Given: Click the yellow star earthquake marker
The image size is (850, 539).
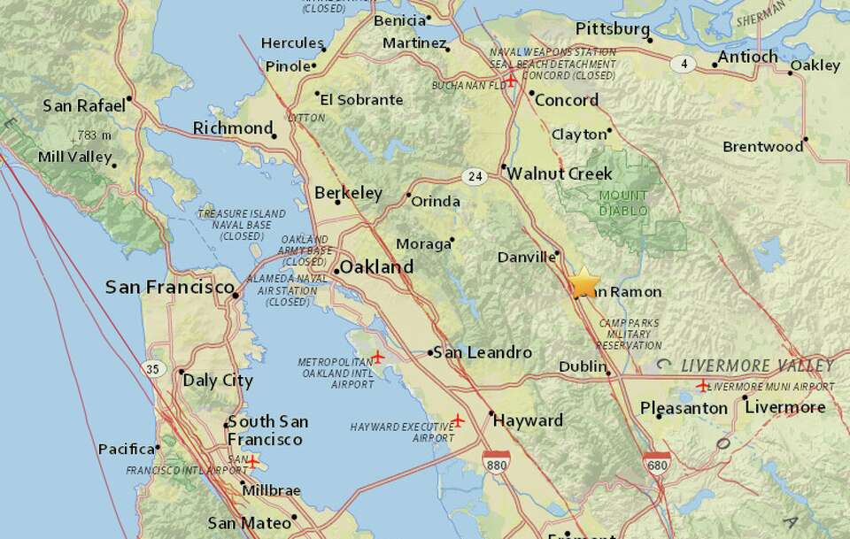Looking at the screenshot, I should [x=584, y=283].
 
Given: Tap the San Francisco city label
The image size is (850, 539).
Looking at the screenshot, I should [x=169, y=287].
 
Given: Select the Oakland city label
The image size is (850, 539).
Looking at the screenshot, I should [x=376, y=266].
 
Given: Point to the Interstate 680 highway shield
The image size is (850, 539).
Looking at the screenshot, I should [x=657, y=462].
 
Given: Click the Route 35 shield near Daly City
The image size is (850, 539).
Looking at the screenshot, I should [x=155, y=367].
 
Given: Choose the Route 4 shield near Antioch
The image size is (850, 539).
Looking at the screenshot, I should [x=684, y=63].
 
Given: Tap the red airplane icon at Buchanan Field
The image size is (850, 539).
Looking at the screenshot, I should [x=511, y=81].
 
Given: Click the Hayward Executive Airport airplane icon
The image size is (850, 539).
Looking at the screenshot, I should [x=458, y=420].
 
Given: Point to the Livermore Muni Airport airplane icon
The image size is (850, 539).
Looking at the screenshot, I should [x=703, y=385].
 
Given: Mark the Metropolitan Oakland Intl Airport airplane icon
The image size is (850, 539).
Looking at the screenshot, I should [x=378, y=357].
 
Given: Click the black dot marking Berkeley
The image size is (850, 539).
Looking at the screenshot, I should [x=337, y=202].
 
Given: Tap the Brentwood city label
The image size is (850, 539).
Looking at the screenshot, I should [x=762, y=146].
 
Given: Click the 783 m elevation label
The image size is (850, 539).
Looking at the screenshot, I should [x=94, y=135].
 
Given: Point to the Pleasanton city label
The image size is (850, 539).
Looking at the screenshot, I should [x=684, y=408].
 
